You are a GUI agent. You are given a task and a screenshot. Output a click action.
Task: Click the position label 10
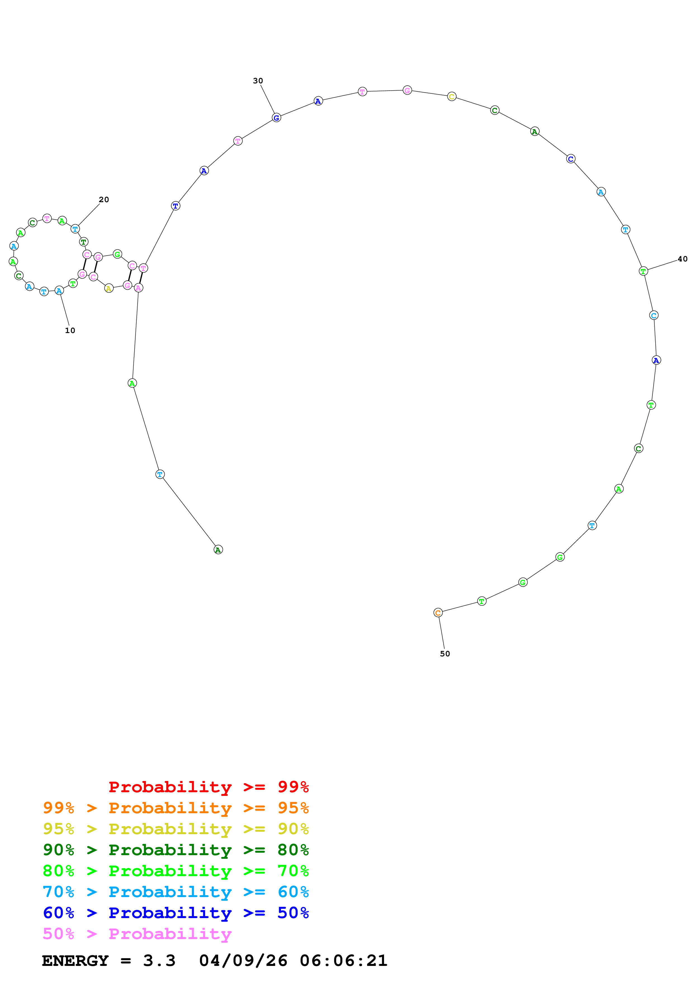[x=70, y=330]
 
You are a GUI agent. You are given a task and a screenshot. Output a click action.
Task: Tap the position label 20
[x=104, y=200]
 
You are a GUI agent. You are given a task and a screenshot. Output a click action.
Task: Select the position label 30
[x=258, y=81]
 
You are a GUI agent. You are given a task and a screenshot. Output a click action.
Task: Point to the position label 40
[x=682, y=259]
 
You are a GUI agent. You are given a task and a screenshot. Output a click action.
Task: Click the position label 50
[x=445, y=654]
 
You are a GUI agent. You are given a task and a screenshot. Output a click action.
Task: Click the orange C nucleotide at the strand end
[x=438, y=613]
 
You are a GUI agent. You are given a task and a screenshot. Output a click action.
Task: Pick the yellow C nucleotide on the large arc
[x=452, y=96]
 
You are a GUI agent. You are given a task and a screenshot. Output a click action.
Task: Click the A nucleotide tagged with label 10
[x=59, y=291]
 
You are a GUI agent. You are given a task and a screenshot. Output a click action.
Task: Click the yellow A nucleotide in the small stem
[x=109, y=288]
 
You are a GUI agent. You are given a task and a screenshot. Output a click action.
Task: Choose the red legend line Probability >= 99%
[x=208, y=787]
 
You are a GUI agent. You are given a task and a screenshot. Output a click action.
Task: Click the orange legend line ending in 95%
[x=176, y=808]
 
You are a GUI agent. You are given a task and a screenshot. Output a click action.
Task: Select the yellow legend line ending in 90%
[x=176, y=829]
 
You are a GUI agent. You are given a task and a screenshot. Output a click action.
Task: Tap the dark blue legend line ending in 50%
[x=176, y=913]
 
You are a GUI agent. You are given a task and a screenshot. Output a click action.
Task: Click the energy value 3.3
[x=159, y=961]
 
